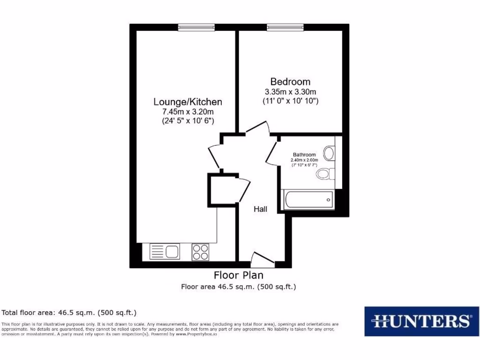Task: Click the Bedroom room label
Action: point(290,82)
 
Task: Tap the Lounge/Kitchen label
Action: point(188,102)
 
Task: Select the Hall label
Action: point(261,209)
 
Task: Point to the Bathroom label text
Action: point(304,155)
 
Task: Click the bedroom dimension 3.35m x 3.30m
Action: point(290,91)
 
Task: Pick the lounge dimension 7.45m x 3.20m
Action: point(188,112)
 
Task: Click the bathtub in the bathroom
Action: point(307,200)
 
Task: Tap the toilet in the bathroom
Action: point(324,174)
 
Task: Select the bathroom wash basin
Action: point(329,153)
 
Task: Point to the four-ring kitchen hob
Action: point(201,252)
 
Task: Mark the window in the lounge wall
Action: point(196,27)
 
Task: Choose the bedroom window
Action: point(285,27)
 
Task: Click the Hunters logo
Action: point(421,322)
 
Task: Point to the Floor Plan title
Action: point(239,275)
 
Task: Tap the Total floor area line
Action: point(69,312)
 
